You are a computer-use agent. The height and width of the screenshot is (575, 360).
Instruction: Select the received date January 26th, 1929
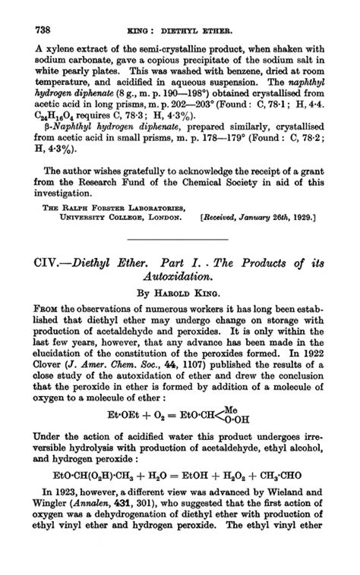279,218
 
